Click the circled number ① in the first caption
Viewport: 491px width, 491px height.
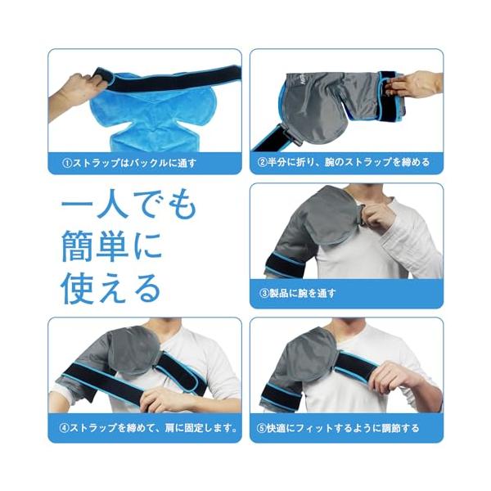tap(67, 163)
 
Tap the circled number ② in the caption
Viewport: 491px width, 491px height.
tap(262, 162)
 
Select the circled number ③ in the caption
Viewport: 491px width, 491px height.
tap(264, 294)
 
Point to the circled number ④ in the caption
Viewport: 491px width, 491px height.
tap(64, 428)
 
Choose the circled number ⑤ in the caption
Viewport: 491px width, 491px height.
tap(262, 428)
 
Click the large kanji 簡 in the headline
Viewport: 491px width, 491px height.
tap(78, 246)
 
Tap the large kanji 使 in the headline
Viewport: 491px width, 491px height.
tap(78, 288)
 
